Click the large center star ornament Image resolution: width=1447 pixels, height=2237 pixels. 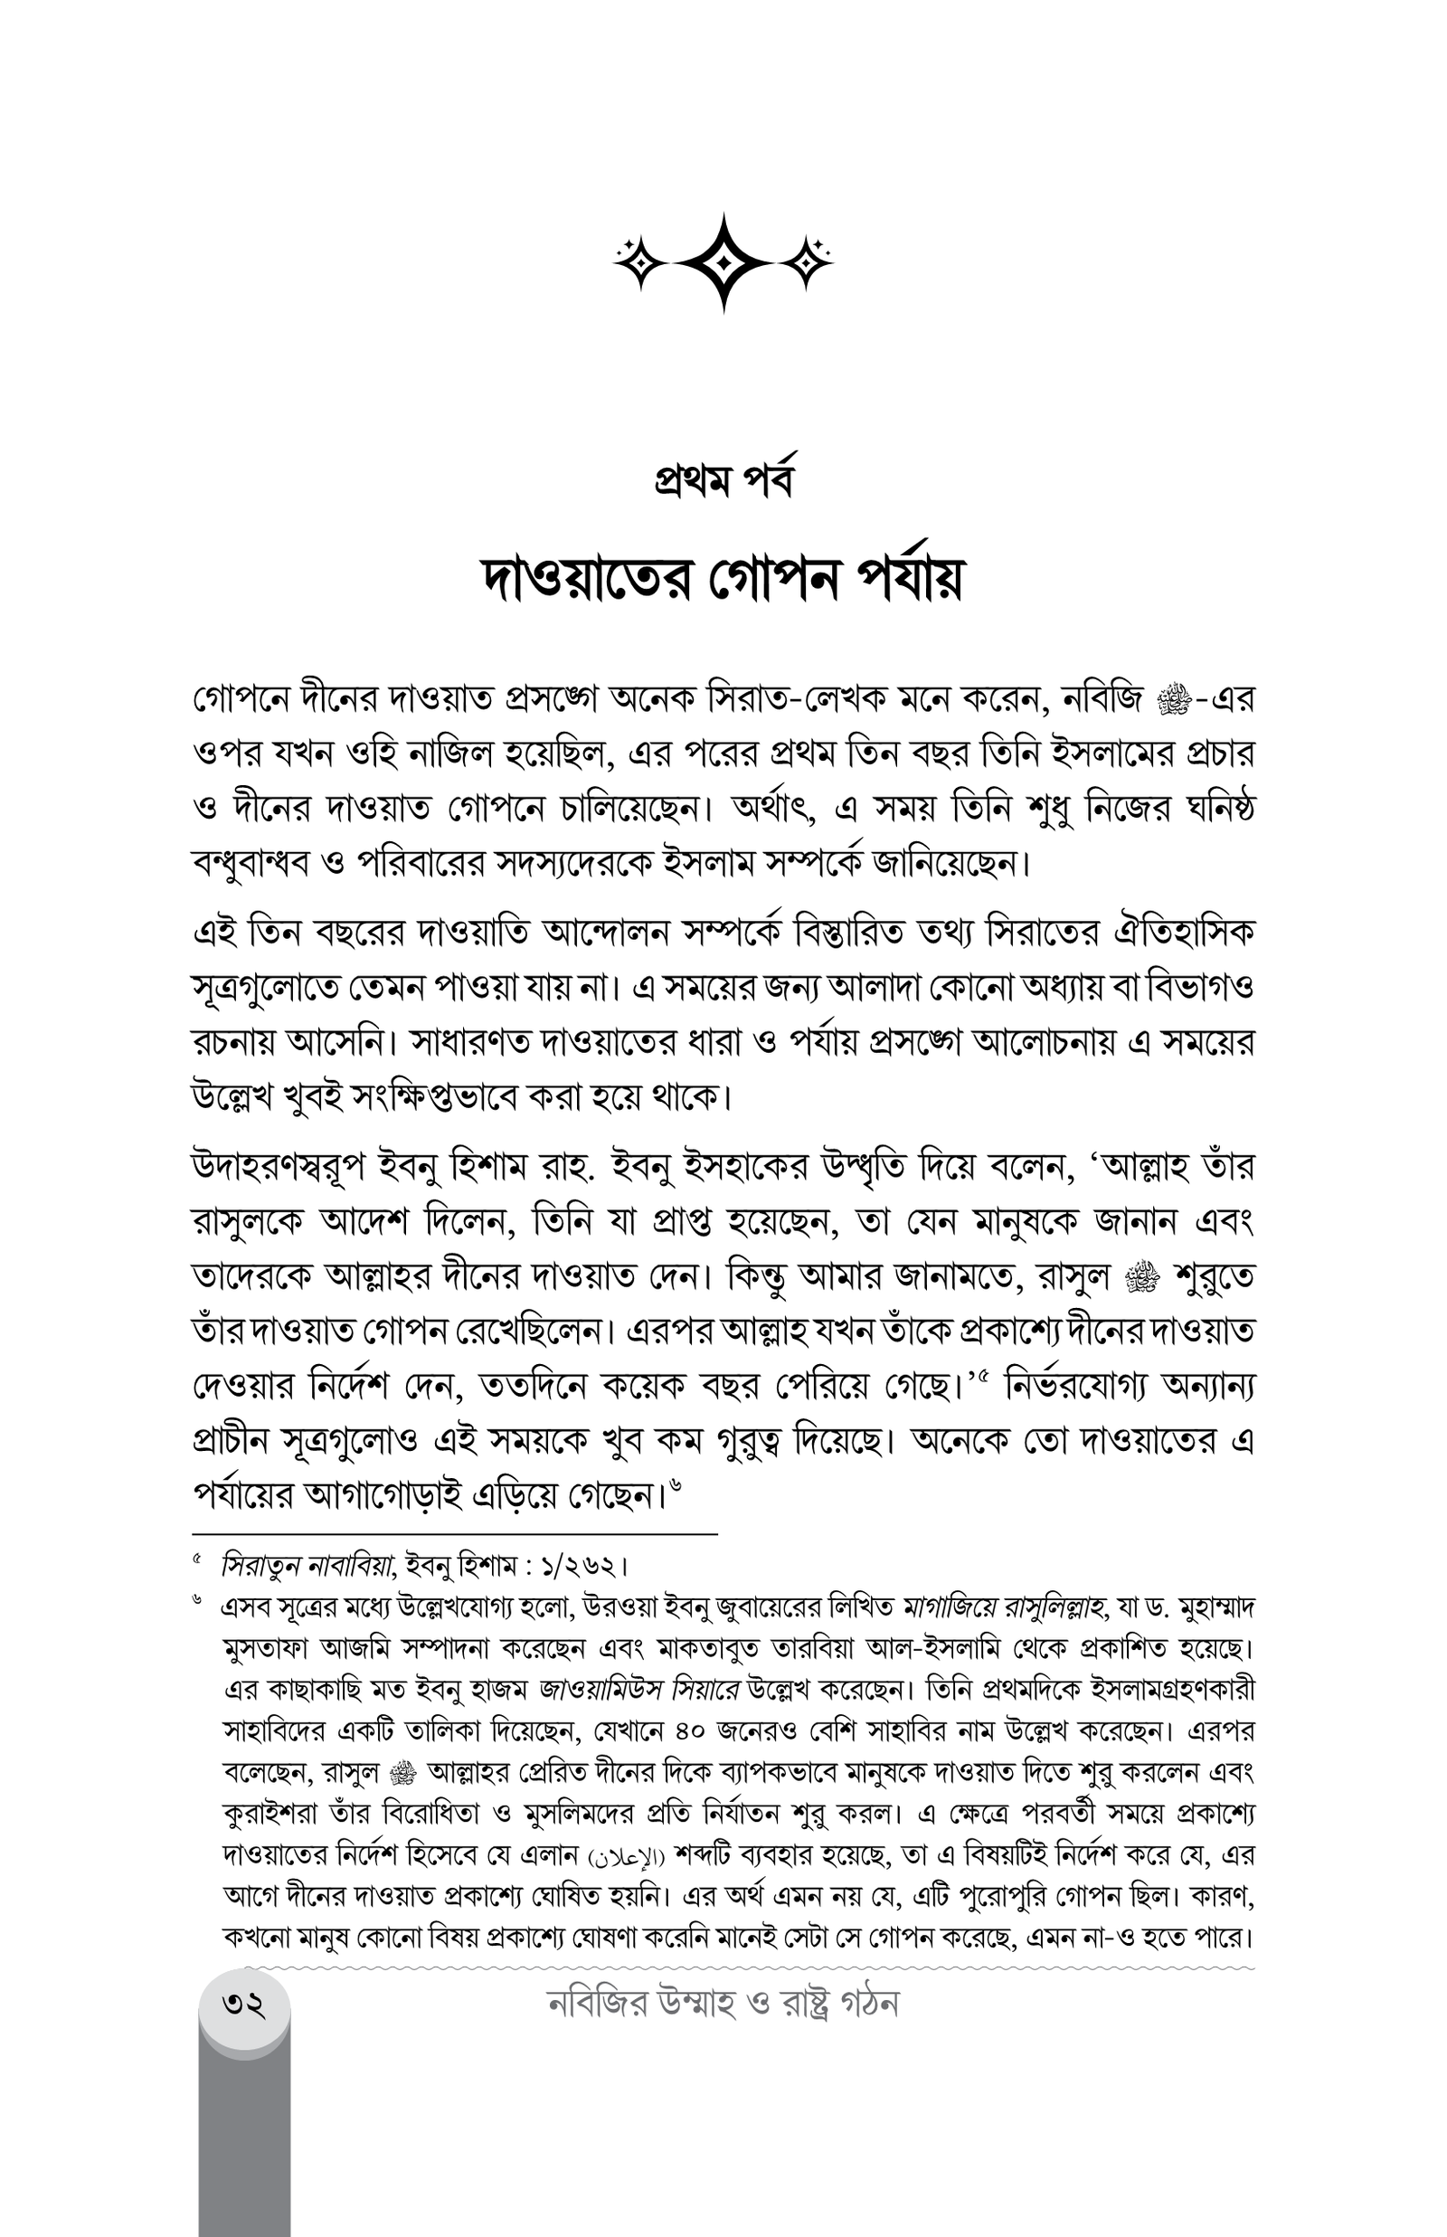(x=723, y=262)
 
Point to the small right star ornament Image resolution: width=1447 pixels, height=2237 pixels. (x=806, y=262)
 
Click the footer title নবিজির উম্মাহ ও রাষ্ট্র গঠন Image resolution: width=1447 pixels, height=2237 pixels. (x=723, y=2004)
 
